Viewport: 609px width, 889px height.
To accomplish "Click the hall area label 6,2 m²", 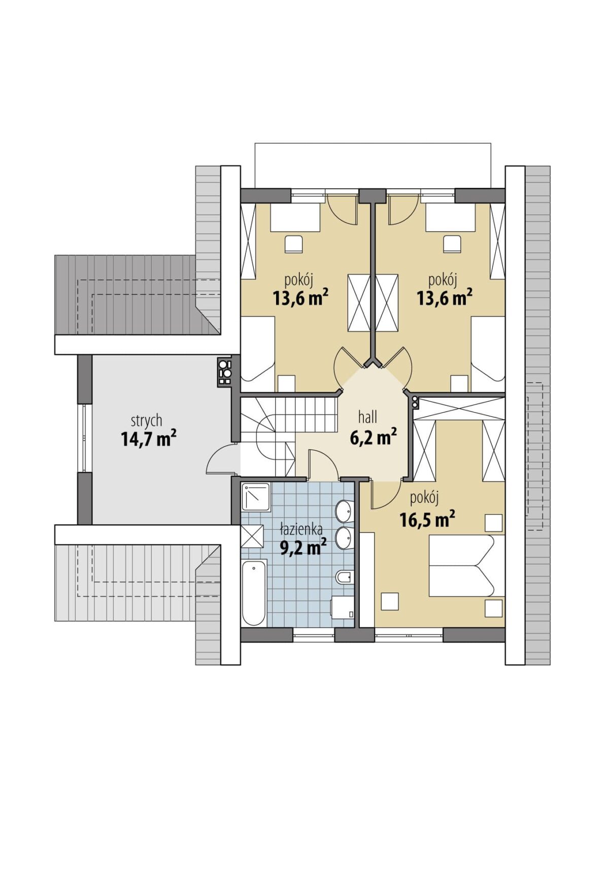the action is pyautogui.click(x=374, y=436).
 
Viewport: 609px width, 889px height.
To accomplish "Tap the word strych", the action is pyautogui.click(x=147, y=421).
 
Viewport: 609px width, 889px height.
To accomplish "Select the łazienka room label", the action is pyautogui.click(x=301, y=530).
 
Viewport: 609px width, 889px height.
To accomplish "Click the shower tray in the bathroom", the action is pyautogui.click(x=256, y=496).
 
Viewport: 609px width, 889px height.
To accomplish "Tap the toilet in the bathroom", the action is pyautogui.click(x=344, y=577).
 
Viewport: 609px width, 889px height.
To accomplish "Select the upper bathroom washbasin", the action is pyautogui.click(x=345, y=510).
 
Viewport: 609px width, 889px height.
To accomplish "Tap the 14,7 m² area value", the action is pyautogui.click(x=148, y=438).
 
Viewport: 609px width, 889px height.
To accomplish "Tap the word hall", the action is pyautogui.click(x=367, y=417).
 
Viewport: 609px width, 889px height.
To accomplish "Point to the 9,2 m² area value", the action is pyautogui.click(x=303, y=548).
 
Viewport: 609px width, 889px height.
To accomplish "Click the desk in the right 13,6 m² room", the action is pyautogui.click(x=451, y=217).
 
